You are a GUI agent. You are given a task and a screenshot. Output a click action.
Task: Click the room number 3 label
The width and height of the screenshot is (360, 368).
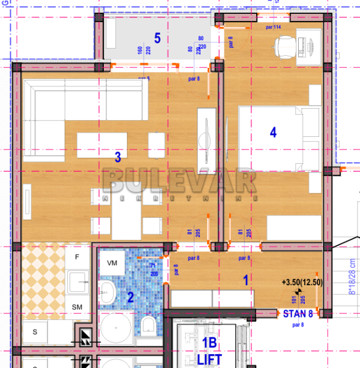click(118, 157)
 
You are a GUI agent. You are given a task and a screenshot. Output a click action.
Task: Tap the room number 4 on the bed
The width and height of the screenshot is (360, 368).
click(273, 133)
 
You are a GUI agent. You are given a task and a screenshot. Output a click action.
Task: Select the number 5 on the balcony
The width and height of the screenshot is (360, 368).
click(157, 38)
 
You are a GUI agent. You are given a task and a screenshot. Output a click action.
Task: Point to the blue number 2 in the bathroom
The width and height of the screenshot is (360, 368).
click(130, 296)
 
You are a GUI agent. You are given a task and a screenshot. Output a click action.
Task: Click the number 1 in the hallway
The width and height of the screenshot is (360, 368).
click(245, 279)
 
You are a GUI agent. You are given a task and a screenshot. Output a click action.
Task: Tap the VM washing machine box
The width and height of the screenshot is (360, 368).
click(112, 263)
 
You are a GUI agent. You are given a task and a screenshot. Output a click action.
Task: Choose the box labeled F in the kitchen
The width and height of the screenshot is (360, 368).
click(77, 258)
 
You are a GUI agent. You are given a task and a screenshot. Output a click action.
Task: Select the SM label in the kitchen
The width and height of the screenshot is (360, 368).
click(77, 307)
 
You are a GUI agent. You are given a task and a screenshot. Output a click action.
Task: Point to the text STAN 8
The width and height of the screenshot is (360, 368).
click(298, 313)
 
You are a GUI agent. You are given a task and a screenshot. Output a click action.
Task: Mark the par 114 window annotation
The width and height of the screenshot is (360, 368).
click(274, 27)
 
